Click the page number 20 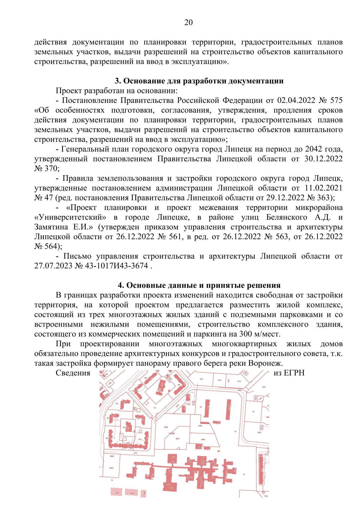[x=188, y=22]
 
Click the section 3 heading [x=199, y=81]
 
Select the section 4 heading [x=199, y=285]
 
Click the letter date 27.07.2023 [x=53, y=266]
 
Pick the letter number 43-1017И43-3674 [x=117, y=266]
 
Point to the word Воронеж [x=265, y=363]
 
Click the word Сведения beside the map [x=73, y=373]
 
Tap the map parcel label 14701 [x=172, y=433]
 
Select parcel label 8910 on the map [x=177, y=439]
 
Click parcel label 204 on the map [x=201, y=379]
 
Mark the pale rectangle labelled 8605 [x=117, y=492]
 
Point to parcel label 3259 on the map [x=259, y=433]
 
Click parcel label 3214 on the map [x=135, y=453]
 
